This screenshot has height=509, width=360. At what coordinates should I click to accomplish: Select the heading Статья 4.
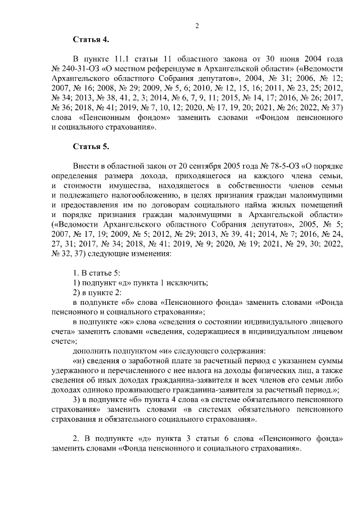[x=91, y=39]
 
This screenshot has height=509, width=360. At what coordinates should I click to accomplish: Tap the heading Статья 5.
[x=91, y=147]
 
